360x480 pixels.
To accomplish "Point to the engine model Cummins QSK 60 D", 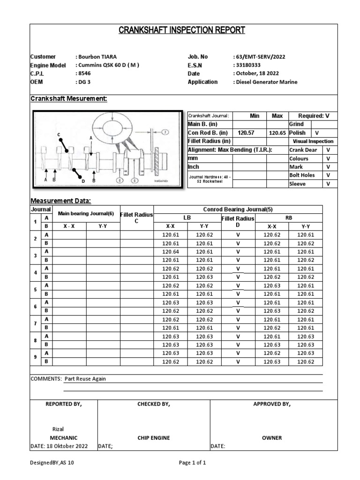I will click(107, 65).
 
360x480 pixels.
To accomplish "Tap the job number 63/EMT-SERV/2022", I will click(259, 57).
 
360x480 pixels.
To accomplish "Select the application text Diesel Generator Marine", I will click(266, 82).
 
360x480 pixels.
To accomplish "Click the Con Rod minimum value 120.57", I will click(246, 133).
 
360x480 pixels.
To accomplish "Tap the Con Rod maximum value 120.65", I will click(277, 133).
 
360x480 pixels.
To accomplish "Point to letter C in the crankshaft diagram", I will click(59, 135).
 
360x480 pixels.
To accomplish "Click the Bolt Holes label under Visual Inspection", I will click(302, 175).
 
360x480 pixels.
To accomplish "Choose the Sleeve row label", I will click(297, 184).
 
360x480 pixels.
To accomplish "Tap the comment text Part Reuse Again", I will click(88, 379).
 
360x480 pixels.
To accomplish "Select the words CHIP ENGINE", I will click(154, 438).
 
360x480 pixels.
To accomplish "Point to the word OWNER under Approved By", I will click(272, 438).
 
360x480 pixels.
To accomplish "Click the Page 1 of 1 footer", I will click(193, 463).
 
